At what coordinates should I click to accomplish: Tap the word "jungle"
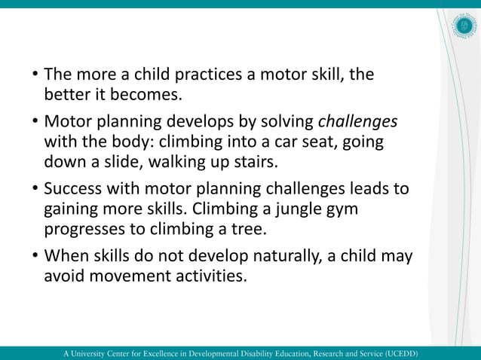299,209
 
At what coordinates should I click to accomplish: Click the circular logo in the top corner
464,26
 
